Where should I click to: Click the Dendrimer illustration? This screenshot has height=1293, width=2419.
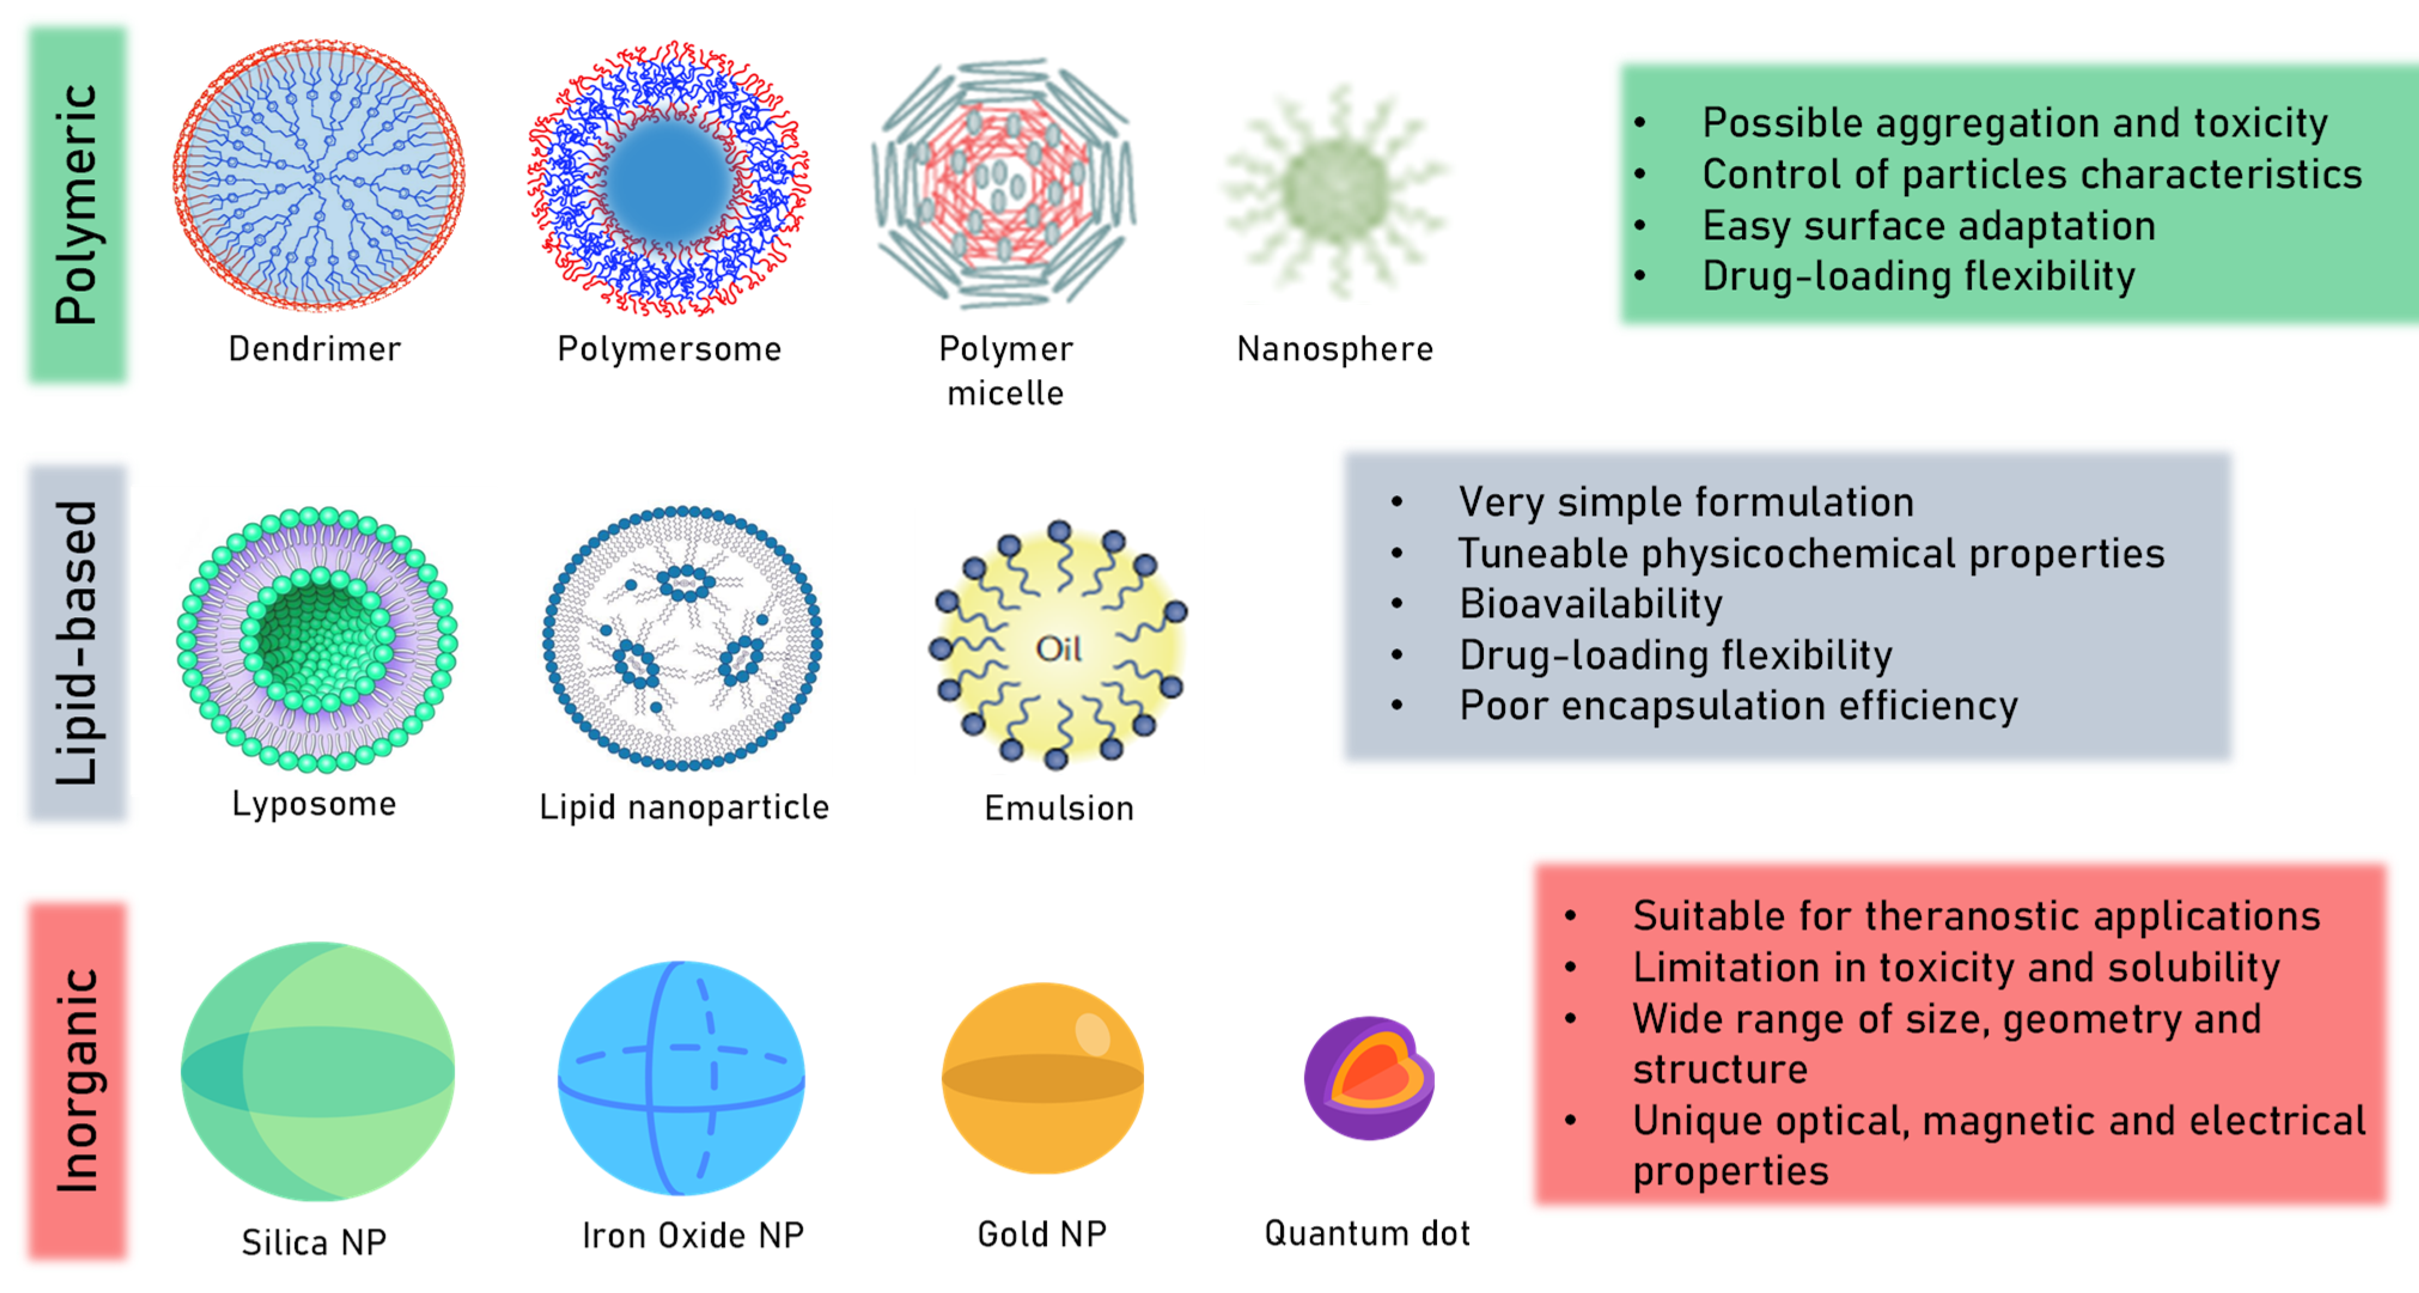tap(318, 176)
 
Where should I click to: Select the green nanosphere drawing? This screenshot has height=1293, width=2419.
tap(1334, 191)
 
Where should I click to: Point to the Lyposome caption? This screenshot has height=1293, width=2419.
tap(313, 804)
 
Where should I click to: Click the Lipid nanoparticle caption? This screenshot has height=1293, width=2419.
tap(684, 807)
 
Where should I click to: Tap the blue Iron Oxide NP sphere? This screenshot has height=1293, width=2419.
tap(681, 1078)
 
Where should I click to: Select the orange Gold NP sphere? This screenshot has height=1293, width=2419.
tap(1042, 1078)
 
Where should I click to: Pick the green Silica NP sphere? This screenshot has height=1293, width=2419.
tap(318, 1071)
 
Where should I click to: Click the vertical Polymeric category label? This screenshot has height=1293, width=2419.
tap(77, 205)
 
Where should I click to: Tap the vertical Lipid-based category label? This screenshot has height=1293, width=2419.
tap(77, 644)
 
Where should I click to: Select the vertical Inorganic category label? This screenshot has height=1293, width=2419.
tap(77, 1080)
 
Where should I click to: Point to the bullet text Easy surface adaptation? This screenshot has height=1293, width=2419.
tap(1929, 225)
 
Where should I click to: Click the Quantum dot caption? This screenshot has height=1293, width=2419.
tap(1367, 1233)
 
